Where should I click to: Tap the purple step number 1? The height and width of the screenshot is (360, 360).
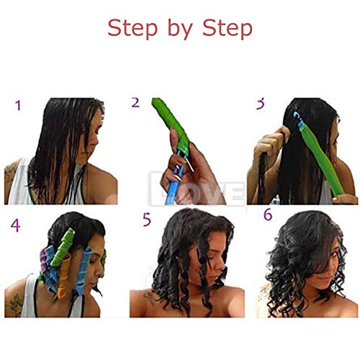pos(18,107)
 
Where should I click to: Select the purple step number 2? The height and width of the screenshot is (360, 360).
pos(135,102)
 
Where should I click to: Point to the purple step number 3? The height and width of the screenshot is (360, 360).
pos(261,104)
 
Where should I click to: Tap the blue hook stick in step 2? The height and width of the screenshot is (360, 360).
pos(174,189)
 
